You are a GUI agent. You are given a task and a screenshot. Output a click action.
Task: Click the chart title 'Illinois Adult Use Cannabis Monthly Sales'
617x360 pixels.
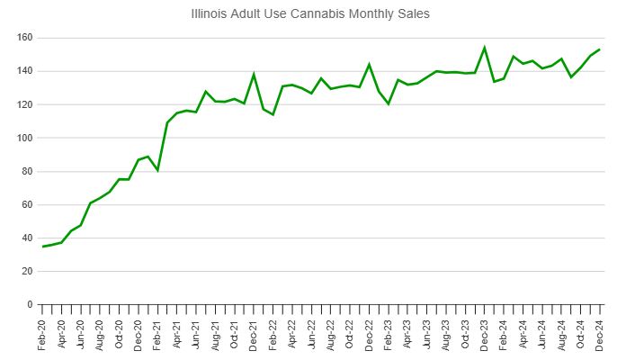pos(311,14)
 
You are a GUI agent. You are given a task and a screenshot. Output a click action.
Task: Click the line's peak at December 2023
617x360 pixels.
pos(484,48)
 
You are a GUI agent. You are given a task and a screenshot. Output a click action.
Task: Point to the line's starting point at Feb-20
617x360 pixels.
pos(42,247)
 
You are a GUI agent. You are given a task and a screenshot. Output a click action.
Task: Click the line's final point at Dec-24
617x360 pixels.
pos(599,49)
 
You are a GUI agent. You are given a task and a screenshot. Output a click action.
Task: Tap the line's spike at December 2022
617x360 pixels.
pos(369,64)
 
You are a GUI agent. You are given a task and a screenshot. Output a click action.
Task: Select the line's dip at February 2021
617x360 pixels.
pos(157,170)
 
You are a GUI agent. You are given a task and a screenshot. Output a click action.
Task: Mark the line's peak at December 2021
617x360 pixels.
pos(254,74)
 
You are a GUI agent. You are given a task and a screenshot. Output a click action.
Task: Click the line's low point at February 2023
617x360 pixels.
pos(388,104)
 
